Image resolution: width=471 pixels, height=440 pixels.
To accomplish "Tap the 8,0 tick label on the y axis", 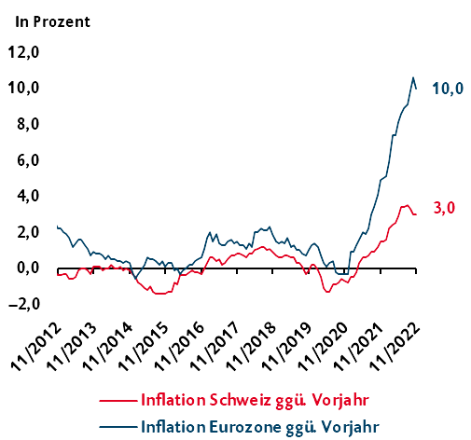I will point(30,124).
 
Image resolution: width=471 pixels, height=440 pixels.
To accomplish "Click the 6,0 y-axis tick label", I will point(30,160).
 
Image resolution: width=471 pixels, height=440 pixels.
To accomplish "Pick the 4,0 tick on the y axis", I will point(30,196).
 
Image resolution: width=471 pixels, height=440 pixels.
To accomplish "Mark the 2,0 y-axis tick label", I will point(30,232).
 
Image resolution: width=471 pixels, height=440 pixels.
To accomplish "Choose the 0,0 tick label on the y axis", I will point(30,268).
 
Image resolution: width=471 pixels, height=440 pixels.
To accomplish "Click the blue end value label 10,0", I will point(447,89).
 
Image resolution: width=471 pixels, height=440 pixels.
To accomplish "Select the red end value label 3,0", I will point(443,208).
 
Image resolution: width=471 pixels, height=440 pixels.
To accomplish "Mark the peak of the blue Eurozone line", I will point(413,77).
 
